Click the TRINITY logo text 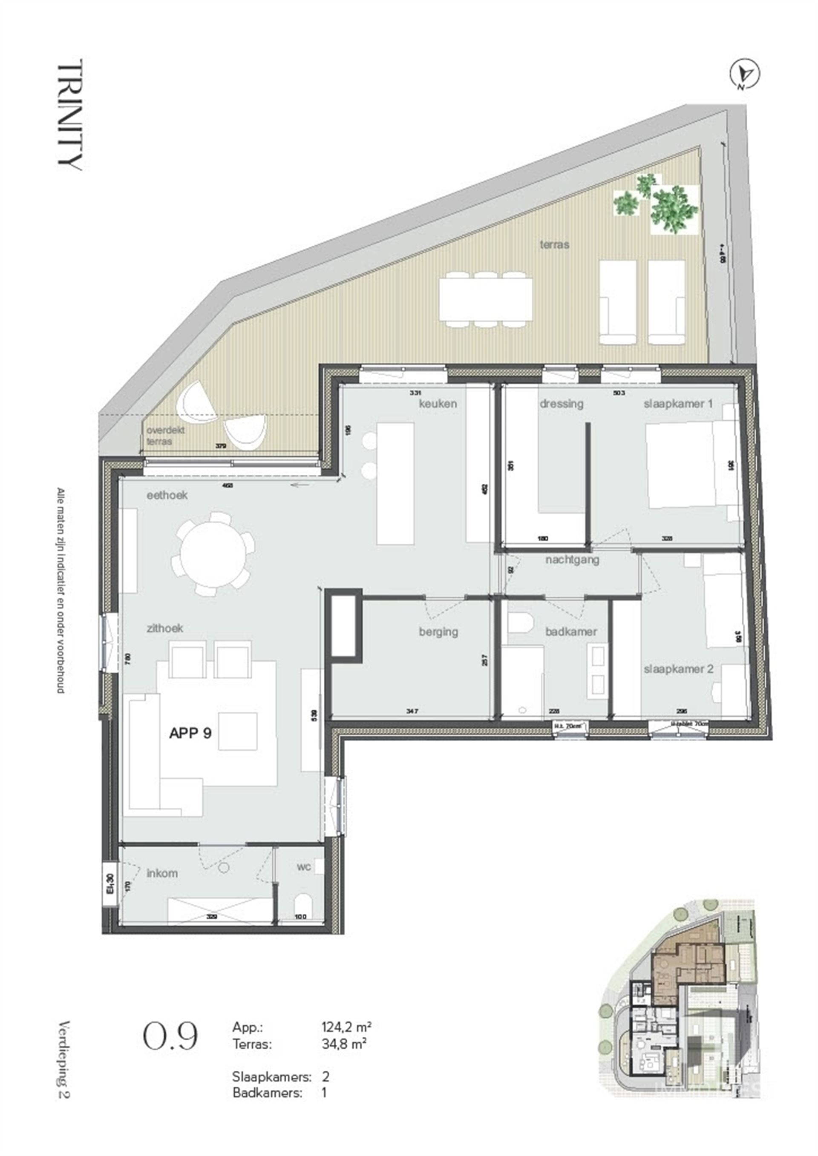tap(70, 115)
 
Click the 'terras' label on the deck tap(554, 245)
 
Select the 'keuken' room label tap(438, 403)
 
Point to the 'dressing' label tap(561, 403)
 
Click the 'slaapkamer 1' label tap(678, 403)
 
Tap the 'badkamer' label tap(571, 631)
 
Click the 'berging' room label tap(438, 631)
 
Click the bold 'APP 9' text tap(190, 734)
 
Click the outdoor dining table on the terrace tap(485, 301)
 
